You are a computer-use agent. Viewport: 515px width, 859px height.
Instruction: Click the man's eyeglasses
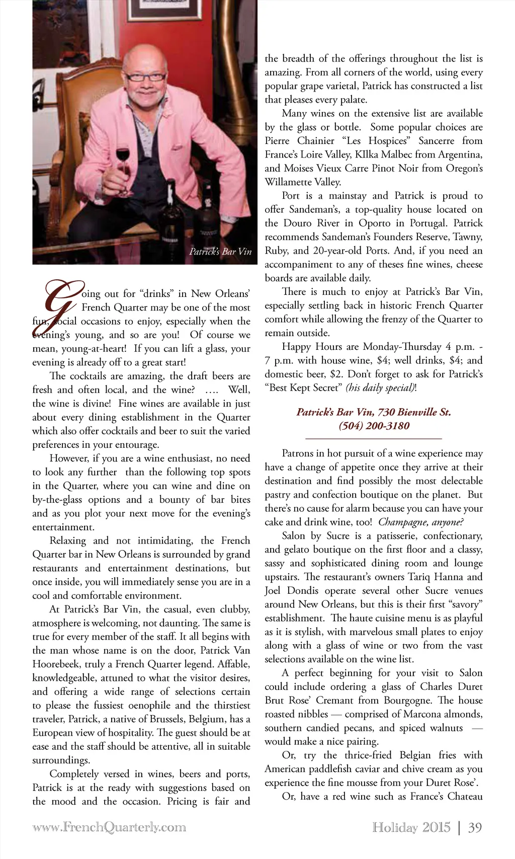(145, 77)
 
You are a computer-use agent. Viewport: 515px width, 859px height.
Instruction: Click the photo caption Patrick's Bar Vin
(220, 252)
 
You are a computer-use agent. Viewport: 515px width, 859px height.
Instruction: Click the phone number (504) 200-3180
(374, 426)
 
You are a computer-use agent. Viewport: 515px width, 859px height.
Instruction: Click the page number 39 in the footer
(475, 827)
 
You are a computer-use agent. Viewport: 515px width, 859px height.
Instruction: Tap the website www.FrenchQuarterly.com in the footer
(109, 827)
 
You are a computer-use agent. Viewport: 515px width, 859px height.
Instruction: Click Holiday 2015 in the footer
(411, 827)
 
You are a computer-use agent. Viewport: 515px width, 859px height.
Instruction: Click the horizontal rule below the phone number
(374, 439)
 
